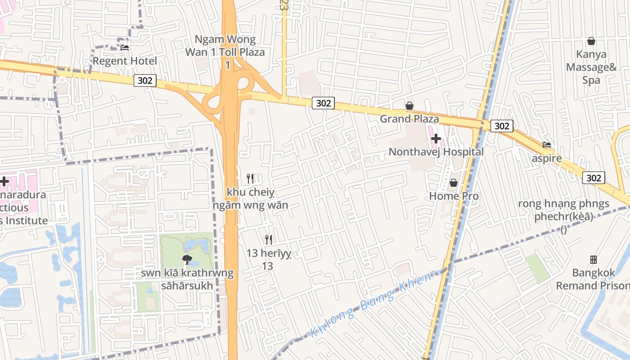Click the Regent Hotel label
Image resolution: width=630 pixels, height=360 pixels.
point(125,61)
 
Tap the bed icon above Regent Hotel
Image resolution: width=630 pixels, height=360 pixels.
point(125,47)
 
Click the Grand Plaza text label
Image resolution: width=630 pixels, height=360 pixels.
point(409,119)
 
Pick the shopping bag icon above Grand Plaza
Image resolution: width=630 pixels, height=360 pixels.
point(409,106)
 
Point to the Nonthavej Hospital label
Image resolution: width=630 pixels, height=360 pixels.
point(436,152)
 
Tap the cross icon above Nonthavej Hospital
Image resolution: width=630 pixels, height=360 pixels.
point(436,139)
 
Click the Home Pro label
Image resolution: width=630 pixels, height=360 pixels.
point(454,196)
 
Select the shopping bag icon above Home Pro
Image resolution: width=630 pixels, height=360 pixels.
point(454,183)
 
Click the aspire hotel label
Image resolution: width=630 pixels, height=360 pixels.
point(546,158)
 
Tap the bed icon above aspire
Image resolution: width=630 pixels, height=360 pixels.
point(547,145)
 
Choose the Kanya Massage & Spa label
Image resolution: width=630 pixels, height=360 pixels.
point(591,67)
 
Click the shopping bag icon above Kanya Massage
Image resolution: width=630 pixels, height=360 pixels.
point(591,41)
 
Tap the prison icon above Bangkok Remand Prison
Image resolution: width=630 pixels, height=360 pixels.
point(593,260)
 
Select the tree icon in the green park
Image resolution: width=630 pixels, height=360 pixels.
point(187,259)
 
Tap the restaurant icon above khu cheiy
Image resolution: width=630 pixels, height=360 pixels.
point(251,179)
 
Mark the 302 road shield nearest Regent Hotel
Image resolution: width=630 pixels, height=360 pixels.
point(145,81)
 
